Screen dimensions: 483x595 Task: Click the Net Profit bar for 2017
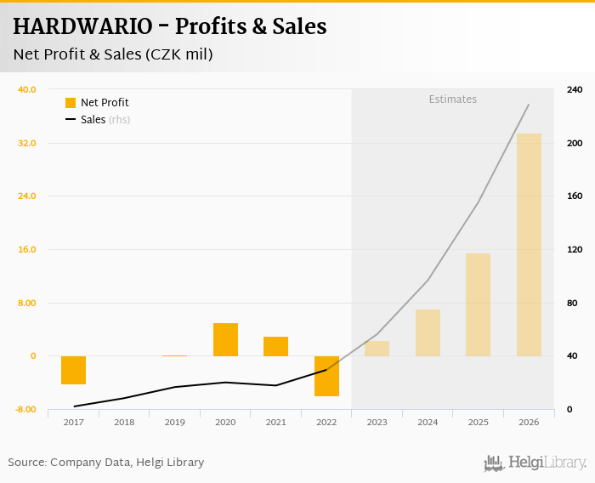(x=73, y=370)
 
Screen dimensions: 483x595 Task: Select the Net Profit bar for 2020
(x=225, y=339)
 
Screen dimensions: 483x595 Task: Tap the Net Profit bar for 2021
(x=275, y=346)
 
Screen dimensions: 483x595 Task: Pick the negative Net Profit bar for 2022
(x=326, y=376)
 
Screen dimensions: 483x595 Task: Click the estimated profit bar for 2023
(x=377, y=349)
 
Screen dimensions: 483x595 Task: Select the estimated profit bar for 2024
(x=428, y=332)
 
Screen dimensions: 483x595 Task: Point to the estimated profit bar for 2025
(x=478, y=304)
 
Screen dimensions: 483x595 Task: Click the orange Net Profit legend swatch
(x=71, y=103)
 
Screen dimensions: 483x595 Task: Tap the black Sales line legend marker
(x=71, y=120)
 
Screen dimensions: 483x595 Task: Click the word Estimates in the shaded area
(x=452, y=99)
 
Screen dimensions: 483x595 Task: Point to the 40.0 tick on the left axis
(x=26, y=89)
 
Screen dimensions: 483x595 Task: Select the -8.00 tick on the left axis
(x=25, y=410)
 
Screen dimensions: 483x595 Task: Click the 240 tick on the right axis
(x=574, y=89)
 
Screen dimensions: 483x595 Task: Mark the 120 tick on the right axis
(x=574, y=250)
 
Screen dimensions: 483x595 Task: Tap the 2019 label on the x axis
(x=174, y=422)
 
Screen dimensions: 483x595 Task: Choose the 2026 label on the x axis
(x=529, y=422)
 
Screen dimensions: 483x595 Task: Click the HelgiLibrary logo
(x=535, y=463)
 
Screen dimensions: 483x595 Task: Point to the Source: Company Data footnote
(x=106, y=463)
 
